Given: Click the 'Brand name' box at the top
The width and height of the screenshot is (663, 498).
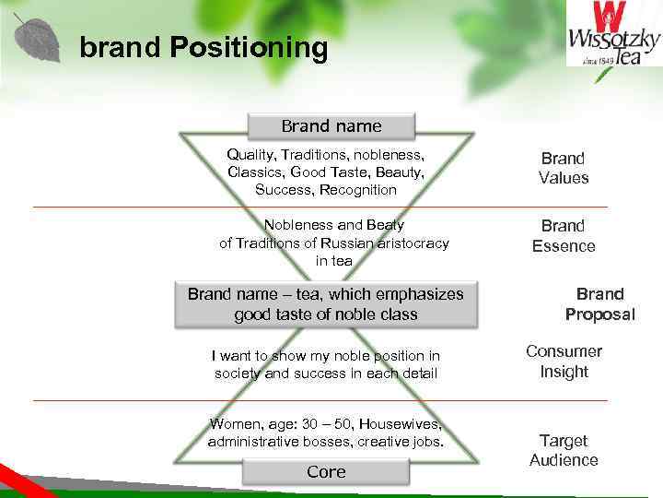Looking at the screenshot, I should tap(331, 125).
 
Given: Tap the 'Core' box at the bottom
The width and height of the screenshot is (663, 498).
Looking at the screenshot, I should tap(326, 472).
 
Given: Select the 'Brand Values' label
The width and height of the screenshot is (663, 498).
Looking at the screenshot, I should tap(564, 168).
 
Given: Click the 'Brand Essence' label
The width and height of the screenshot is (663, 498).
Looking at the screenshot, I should tap(564, 236).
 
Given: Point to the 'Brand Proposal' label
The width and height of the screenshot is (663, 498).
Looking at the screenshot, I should tap(600, 304).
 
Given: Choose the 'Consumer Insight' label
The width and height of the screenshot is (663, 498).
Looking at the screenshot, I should tap(564, 362).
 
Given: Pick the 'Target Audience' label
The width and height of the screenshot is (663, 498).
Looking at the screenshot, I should tap(564, 450).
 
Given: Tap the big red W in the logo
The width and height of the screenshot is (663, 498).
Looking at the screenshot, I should tap(610, 18).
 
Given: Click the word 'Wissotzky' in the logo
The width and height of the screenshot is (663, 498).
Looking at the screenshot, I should tap(613, 41).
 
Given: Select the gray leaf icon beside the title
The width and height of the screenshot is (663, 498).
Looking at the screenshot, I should tap(38, 40).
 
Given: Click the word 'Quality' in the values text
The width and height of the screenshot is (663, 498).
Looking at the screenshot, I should tap(250, 155).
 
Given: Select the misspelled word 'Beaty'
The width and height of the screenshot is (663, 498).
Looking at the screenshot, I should tap(385, 225).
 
